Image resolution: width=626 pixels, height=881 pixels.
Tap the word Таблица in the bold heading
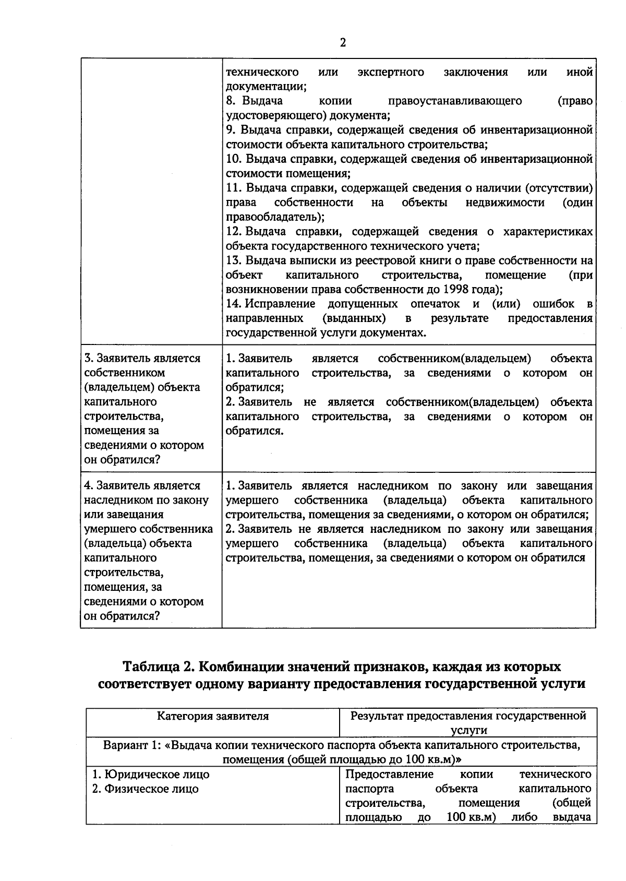[150, 667]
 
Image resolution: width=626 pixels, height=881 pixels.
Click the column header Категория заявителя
[213, 716]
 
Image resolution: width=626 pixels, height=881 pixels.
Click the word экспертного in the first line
[391, 72]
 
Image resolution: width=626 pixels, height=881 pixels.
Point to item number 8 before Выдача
[231, 101]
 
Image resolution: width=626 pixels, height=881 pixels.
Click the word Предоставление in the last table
[389, 773]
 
